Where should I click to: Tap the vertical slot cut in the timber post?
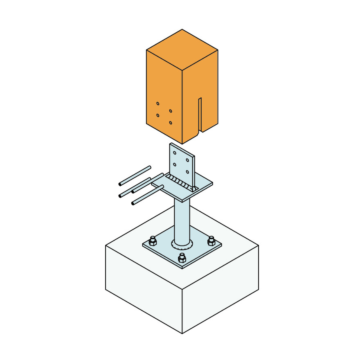point(200,115)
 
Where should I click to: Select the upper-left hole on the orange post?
point(158,103)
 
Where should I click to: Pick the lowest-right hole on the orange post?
point(171,122)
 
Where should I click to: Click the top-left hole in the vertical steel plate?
point(175,153)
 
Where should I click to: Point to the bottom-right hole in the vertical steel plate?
point(187,171)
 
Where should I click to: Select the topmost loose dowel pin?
point(135,175)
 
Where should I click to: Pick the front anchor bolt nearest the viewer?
point(182,258)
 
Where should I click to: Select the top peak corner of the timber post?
point(182,29)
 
